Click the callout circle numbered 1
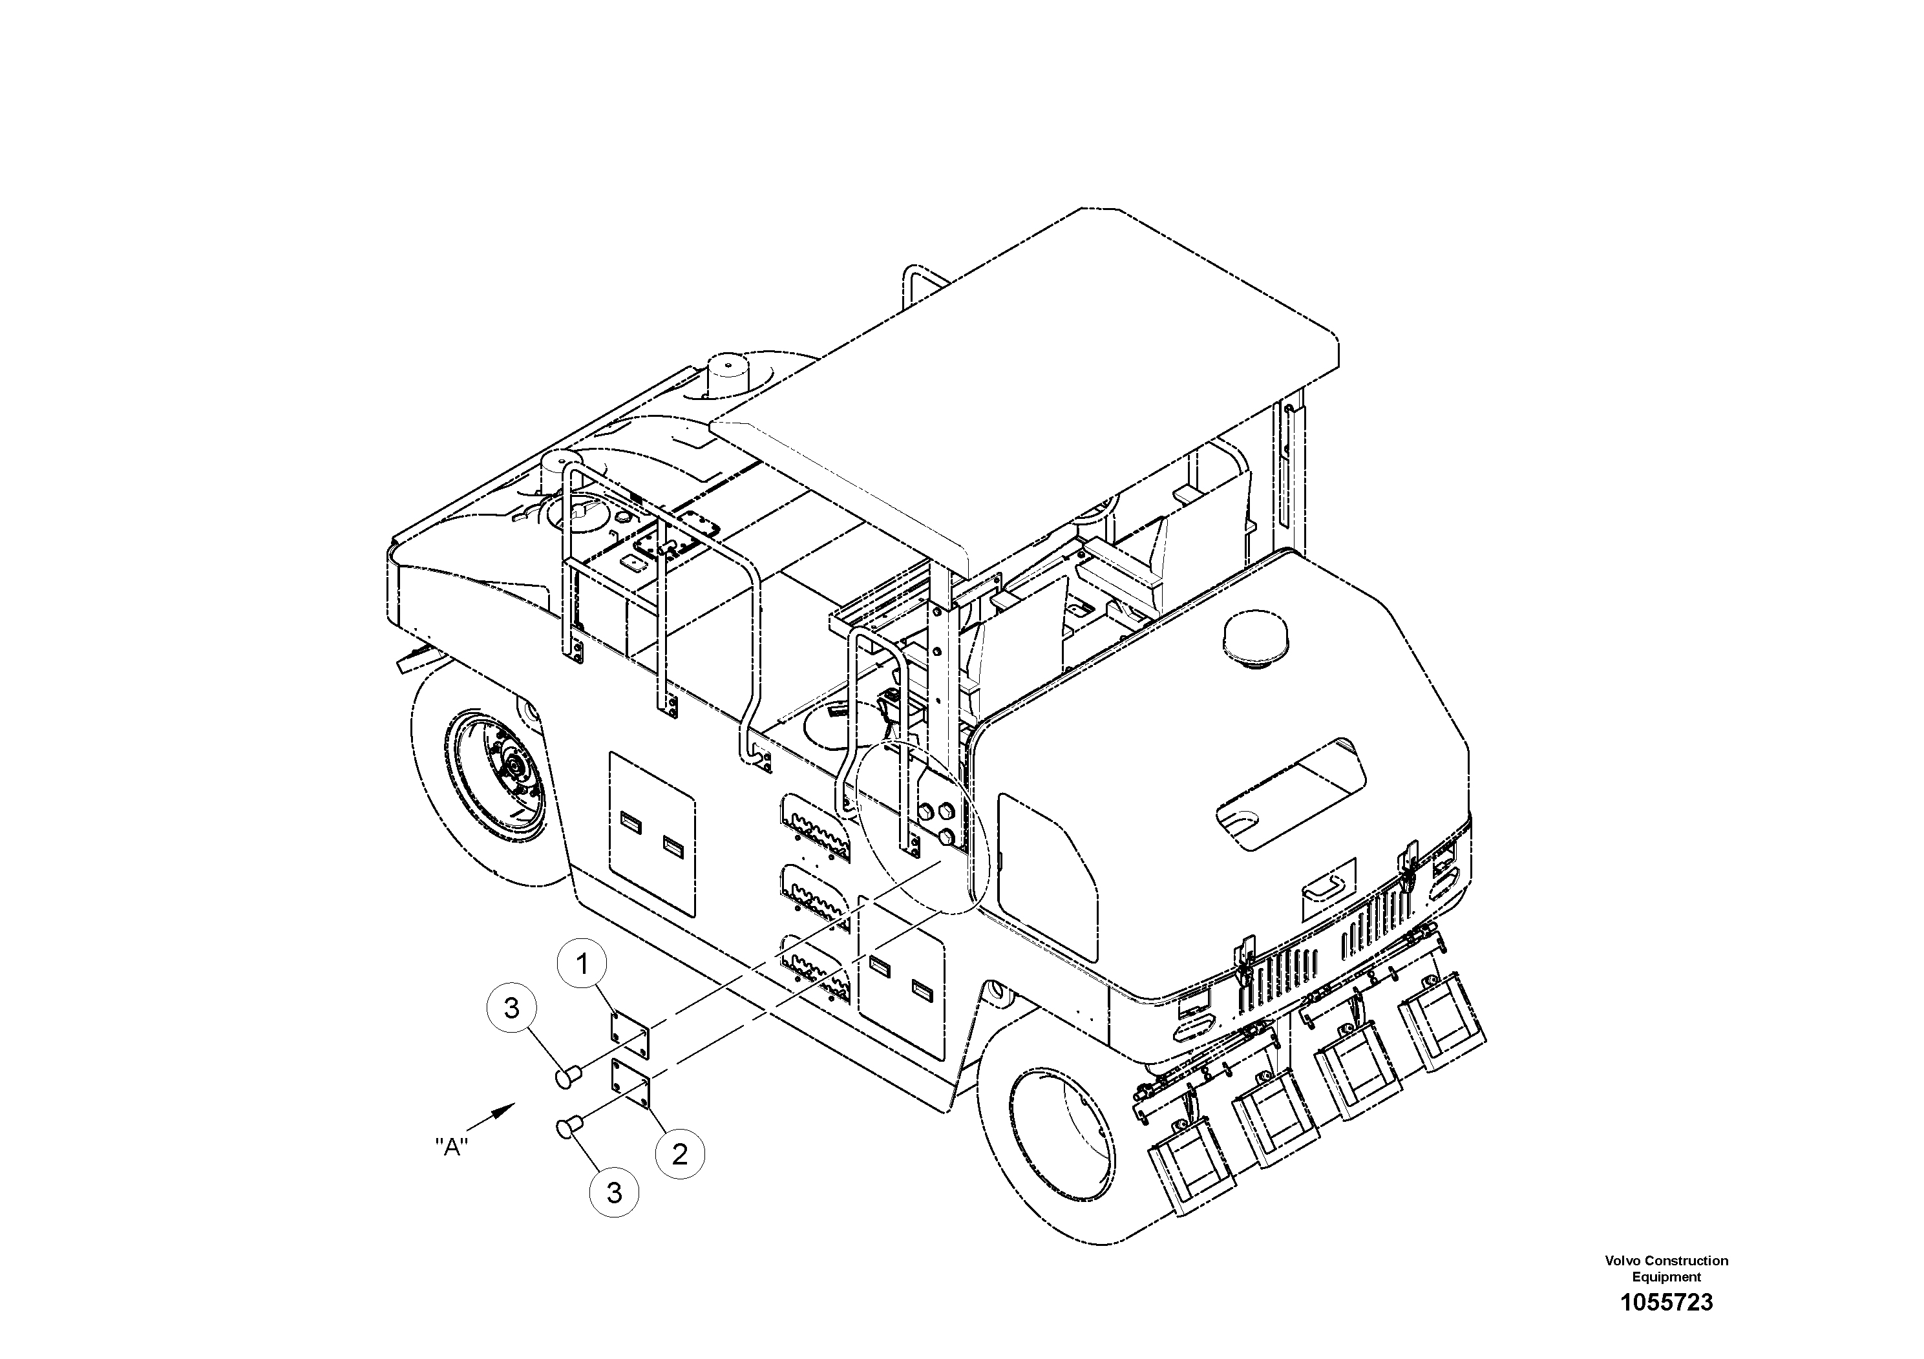click(583, 964)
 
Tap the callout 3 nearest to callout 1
click(512, 1008)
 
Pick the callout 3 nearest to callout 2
click(614, 1192)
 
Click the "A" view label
click(452, 1147)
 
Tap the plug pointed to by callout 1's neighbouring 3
click(568, 1076)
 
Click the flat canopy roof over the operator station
click(1022, 385)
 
